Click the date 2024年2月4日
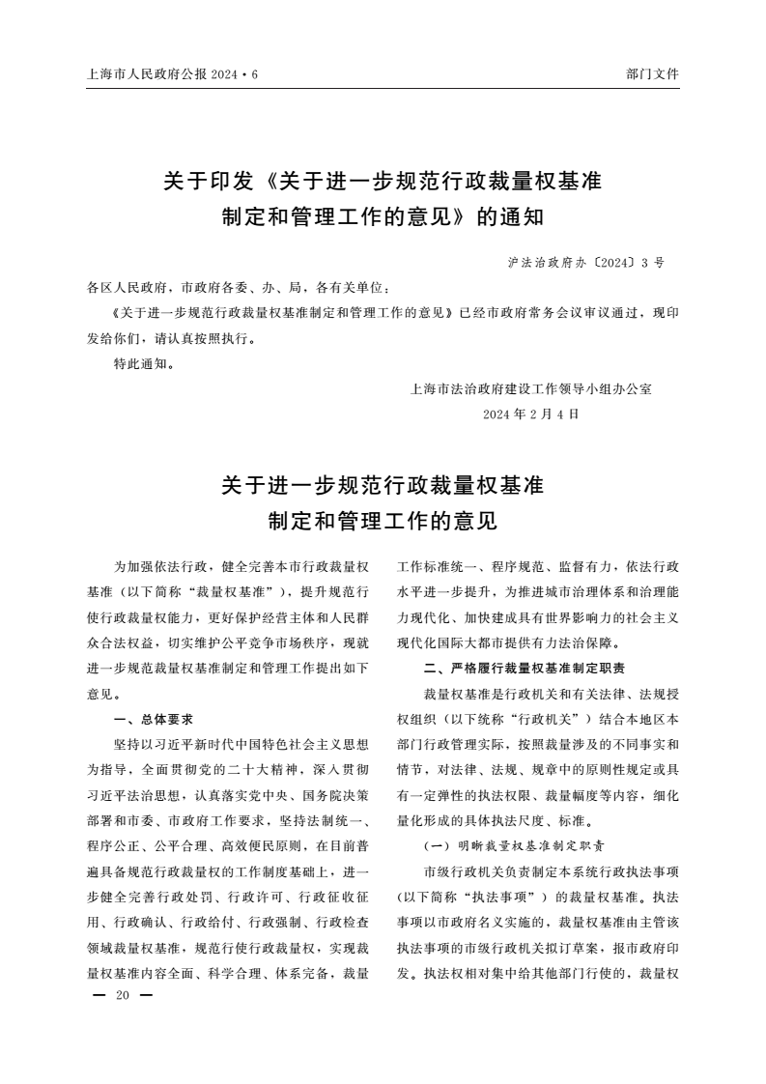[531, 414]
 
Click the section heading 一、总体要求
[154, 719]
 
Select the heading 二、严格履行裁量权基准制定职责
[537, 668]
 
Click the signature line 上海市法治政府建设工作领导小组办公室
[531, 389]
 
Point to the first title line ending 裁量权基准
[383, 181]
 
